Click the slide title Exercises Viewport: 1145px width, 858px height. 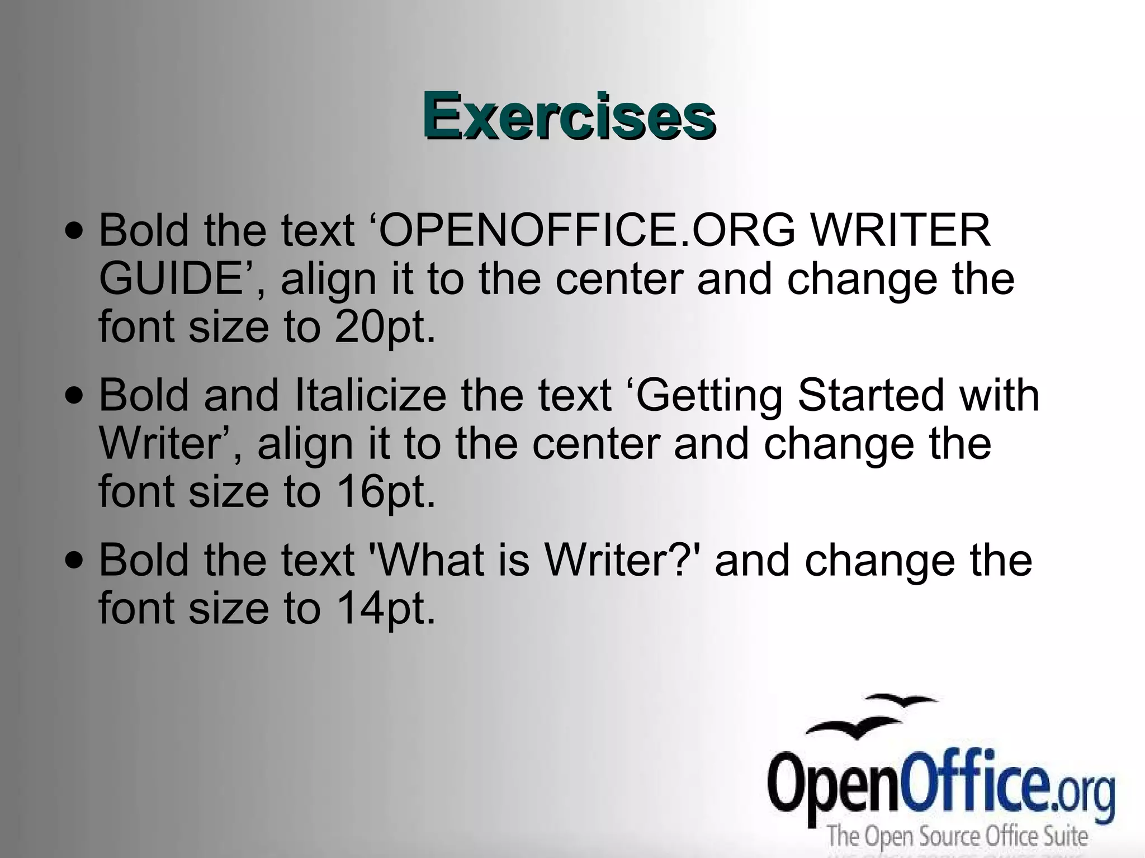(x=569, y=117)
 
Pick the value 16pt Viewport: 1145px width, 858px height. (x=385, y=492)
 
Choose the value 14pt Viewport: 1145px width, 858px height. (x=385, y=608)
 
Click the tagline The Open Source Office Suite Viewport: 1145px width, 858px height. (x=957, y=836)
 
